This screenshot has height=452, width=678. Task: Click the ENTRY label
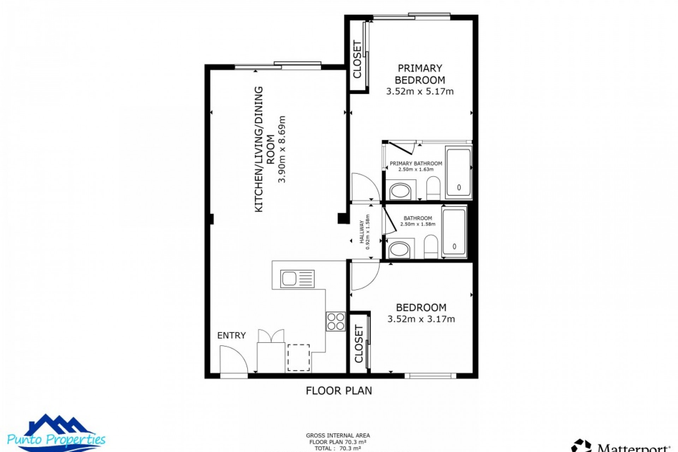tap(231, 335)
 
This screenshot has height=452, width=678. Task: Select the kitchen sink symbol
tap(297, 279)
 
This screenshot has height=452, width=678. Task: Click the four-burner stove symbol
tap(335, 321)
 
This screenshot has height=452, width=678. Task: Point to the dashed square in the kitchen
tap(298, 358)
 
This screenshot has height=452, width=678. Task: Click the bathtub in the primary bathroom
tap(458, 172)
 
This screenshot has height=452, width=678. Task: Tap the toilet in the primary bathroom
tap(433, 188)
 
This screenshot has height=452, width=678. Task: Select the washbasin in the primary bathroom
tap(400, 191)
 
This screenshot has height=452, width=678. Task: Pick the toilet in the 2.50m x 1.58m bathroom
tap(430, 246)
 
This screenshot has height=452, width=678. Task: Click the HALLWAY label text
tap(362, 232)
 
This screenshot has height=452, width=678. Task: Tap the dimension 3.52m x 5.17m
tap(420, 91)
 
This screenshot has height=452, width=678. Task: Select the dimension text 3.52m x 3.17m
tap(421, 319)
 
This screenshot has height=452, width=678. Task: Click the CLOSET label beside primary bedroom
tap(357, 59)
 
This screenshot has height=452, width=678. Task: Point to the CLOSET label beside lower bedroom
tap(358, 344)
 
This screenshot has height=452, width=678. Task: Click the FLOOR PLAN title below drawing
tap(339, 391)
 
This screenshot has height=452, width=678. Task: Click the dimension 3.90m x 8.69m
tap(281, 149)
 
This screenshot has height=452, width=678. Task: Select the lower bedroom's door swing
tap(364, 275)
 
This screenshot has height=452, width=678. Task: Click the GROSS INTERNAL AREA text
tap(338, 436)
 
